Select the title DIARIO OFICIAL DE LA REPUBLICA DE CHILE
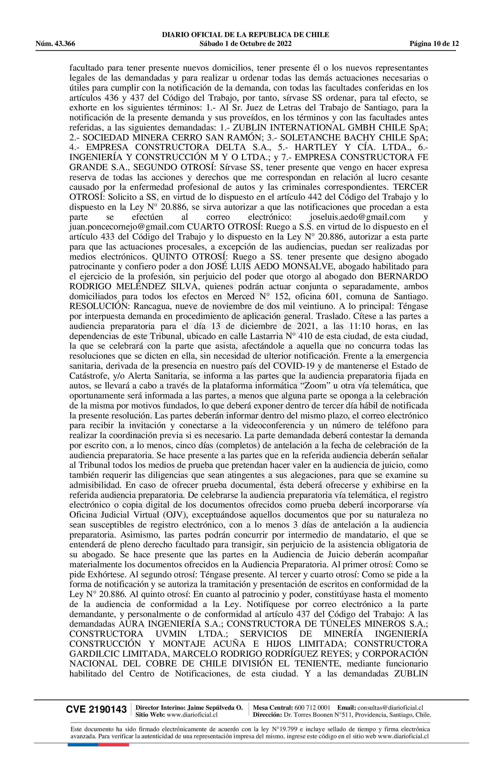246,35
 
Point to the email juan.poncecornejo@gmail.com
127,227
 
